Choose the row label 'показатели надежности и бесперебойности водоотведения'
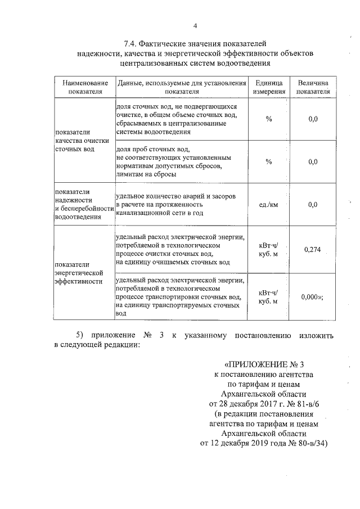(82, 204)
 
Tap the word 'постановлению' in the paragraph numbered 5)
(260, 336)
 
